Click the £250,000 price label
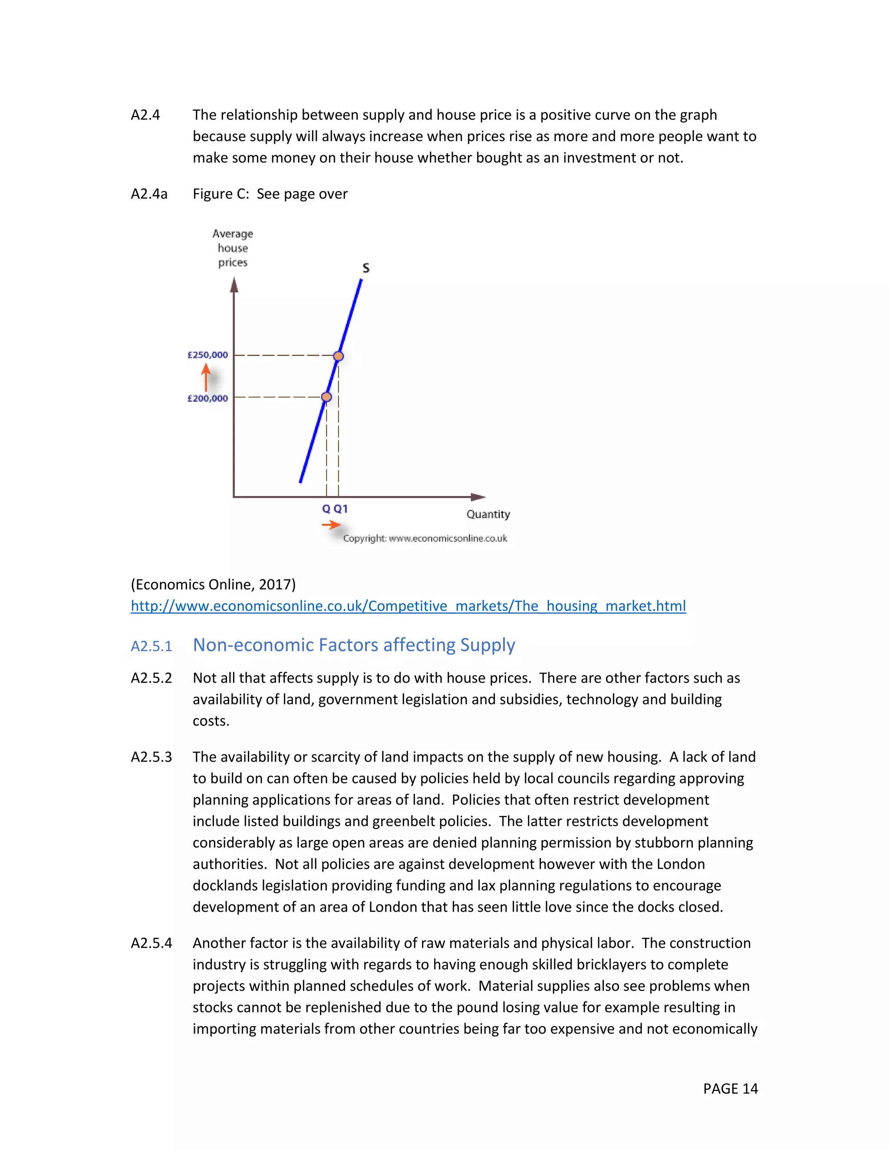pyautogui.click(x=207, y=355)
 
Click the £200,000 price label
pyautogui.click(x=207, y=399)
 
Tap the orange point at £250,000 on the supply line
pyautogui.click(x=339, y=356)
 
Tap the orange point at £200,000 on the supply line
pyautogui.click(x=326, y=397)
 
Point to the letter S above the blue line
pyautogui.click(x=366, y=268)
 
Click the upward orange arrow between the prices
pyautogui.click(x=206, y=378)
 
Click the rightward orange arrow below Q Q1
pyautogui.click(x=331, y=525)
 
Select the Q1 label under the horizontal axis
pyautogui.click(x=341, y=509)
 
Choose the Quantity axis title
pyautogui.click(x=487, y=514)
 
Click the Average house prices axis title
pyautogui.click(x=233, y=248)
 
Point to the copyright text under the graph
pyautogui.click(x=425, y=538)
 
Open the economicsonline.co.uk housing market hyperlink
pyautogui.click(x=408, y=606)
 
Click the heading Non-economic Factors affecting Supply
pyautogui.click(x=353, y=645)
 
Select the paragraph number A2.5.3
pyautogui.click(x=151, y=757)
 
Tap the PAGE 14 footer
pyautogui.click(x=730, y=1088)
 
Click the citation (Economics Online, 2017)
pyautogui.click(x=213, y=585)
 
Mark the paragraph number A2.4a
pyautogui.click(x=149, y=194)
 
